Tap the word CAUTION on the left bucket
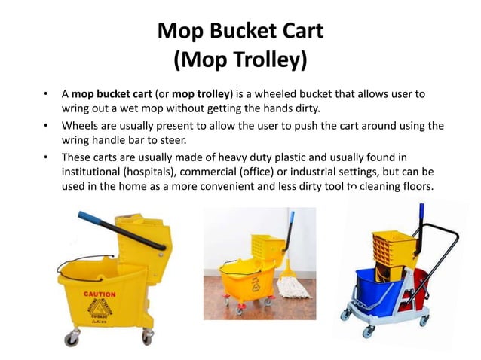(x=100, y=294)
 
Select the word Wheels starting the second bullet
(x=81, y=126)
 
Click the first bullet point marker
(x=46, y=95)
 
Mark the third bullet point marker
(x=46, y=157)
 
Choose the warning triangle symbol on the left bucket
(x=99, y=307)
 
